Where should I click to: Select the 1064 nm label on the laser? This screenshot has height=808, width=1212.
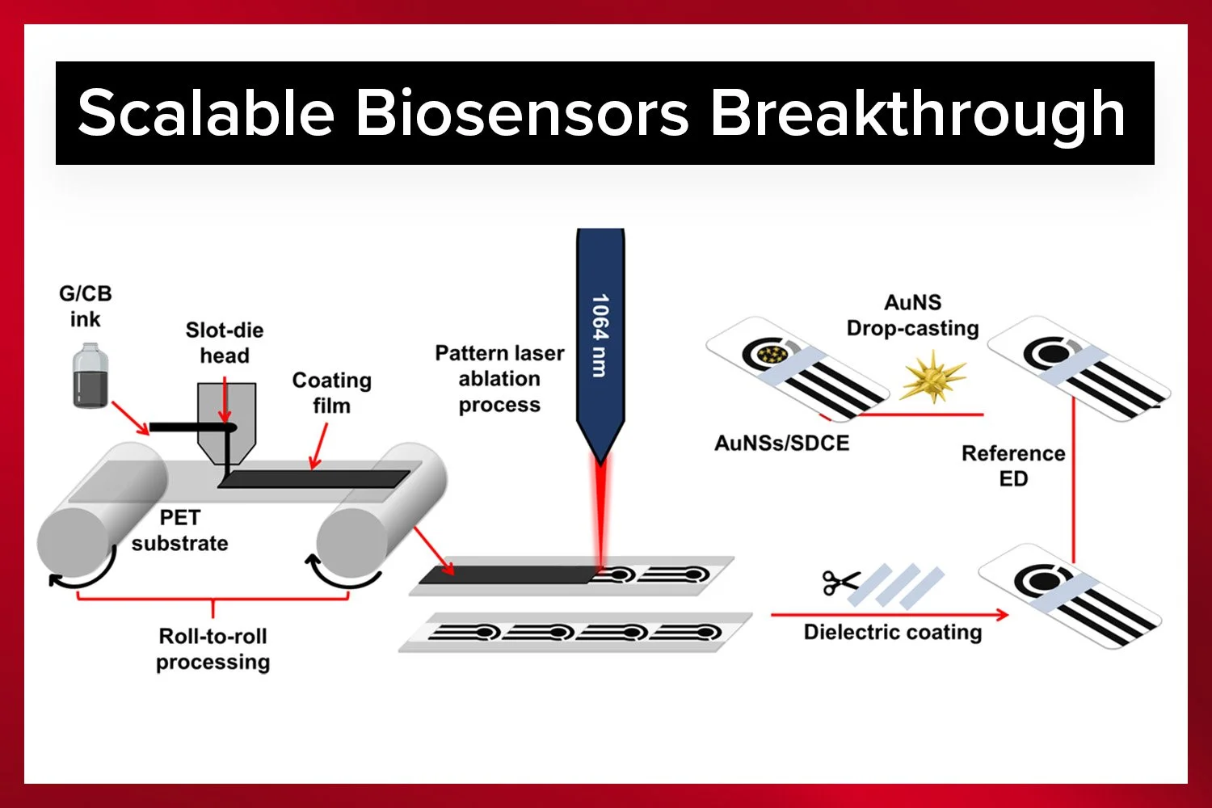pyautogui.click(x=600, y=335)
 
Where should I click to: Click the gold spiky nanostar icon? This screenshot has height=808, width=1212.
pyautogui.click(x=933, y=376)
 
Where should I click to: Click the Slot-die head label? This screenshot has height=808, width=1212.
pyautogui.click(x=224, y=343)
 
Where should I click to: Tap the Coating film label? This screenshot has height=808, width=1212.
pyautogui.click(x=331, y=393)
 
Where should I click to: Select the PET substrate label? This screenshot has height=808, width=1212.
pyautogui.click(x=179, y=530)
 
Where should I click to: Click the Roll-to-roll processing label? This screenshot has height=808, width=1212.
pyautogui.click(x=213, y=649)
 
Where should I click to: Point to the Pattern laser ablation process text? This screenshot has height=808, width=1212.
pyautogui.click(x=499, y=379)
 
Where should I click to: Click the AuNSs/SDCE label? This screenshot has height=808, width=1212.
pyautogui.click(x=781, y=443)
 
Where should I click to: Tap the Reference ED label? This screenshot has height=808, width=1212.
pyautogui.click(x=1013, y=465)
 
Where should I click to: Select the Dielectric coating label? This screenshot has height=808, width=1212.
pyautogui.click(x=892, y=632)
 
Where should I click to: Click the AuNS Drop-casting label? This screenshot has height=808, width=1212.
pyautogui.click(x=912, y=315)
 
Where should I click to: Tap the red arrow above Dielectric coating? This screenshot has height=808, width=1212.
pyautogui.click(x=889, y=615)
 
